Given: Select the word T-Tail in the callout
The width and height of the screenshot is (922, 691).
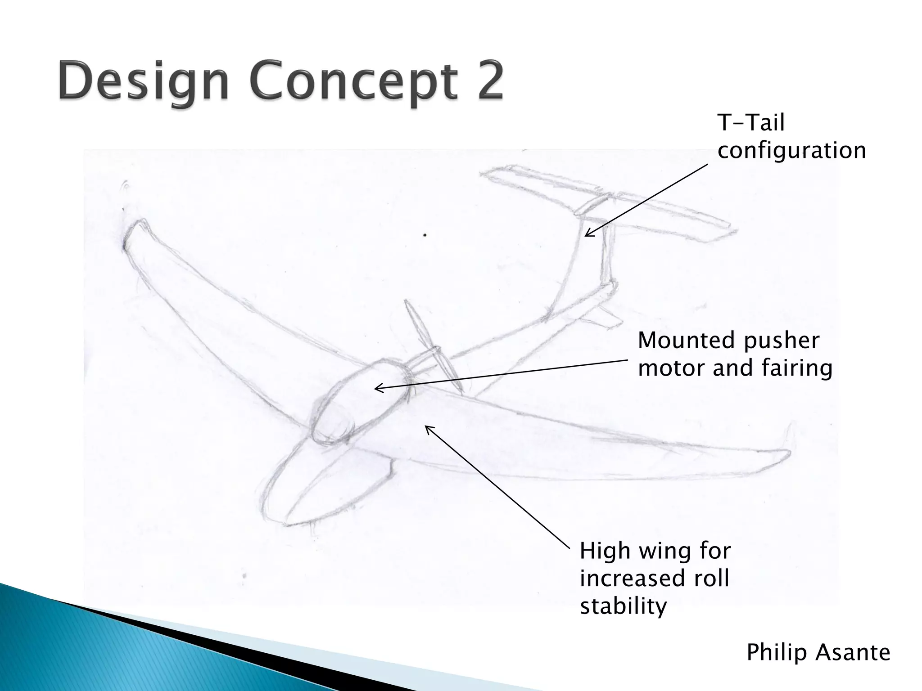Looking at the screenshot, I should pos(751,122).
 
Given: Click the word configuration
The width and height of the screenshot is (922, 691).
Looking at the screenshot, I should pos(791,150).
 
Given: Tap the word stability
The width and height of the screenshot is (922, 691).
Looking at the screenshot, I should pos(623,606).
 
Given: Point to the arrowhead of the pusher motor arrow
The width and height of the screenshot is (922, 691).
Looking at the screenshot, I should pos(377,388).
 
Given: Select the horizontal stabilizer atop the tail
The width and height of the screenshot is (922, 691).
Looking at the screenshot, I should pos(608,202).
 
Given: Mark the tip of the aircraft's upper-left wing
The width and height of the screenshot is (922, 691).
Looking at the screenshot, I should pos(133,229).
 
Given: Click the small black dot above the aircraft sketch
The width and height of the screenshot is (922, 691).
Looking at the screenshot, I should pos(425,235).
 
